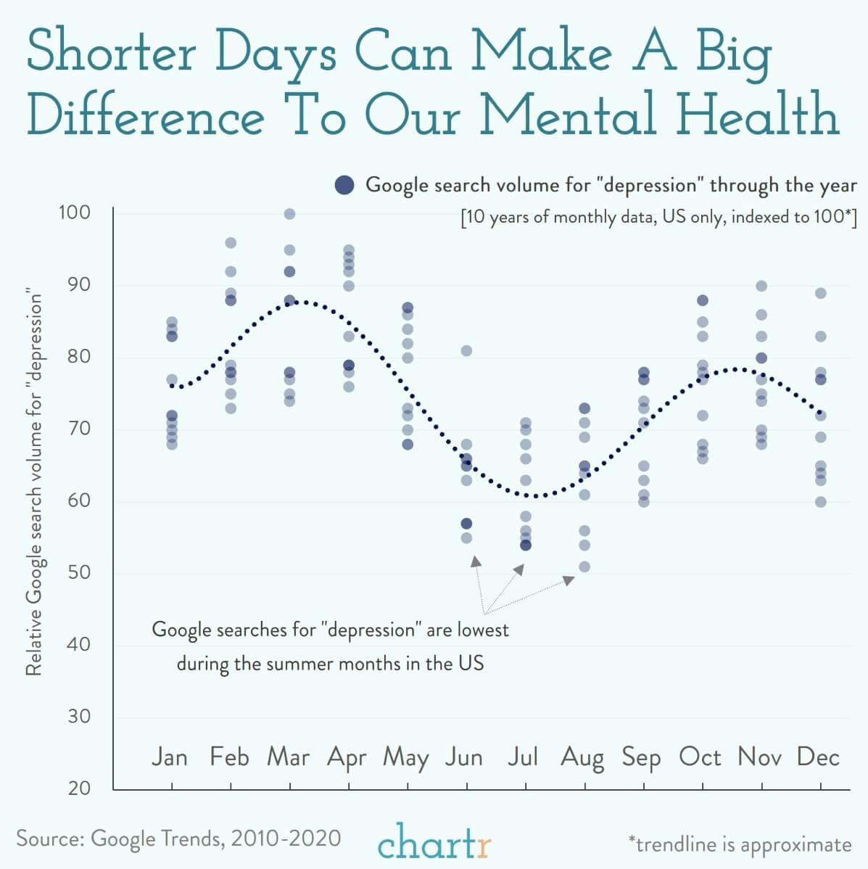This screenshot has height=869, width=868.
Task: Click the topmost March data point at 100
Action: point(289,214)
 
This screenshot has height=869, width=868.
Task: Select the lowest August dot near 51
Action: point(584,567)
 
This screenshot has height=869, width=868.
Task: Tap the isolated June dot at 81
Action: point(466,351)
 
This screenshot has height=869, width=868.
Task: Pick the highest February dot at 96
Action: point(231,243)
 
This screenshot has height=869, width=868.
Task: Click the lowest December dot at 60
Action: point(820,502)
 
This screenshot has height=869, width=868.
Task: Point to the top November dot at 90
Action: point(761,287)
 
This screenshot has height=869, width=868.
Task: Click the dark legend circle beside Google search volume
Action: point(344,185)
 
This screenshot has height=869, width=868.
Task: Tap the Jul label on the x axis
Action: point(522,757)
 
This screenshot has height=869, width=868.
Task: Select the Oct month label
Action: point(700,757)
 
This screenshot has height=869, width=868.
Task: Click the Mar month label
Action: point(288,757)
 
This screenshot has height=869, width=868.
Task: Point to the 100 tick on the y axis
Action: point(74,213)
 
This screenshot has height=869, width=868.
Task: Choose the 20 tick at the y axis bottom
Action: point(78,788)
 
